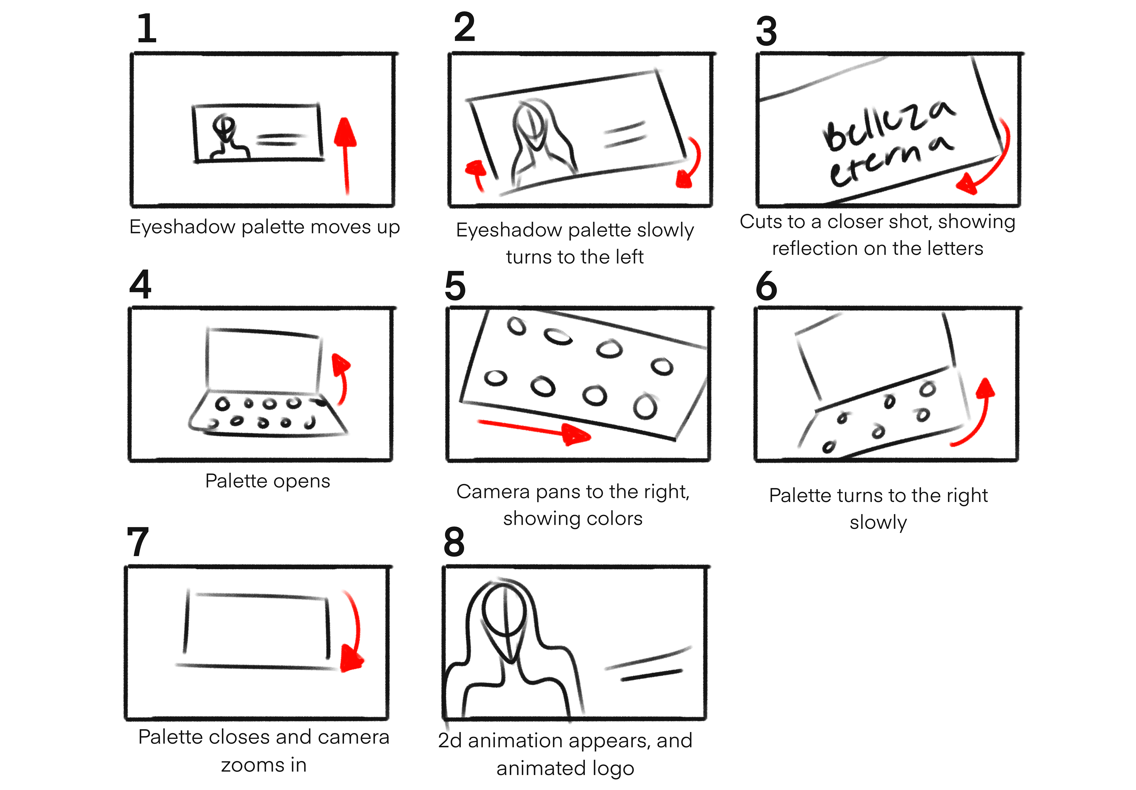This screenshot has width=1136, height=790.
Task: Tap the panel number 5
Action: [455, 286]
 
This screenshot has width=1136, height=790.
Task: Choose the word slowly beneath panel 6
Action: [878, 523]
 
